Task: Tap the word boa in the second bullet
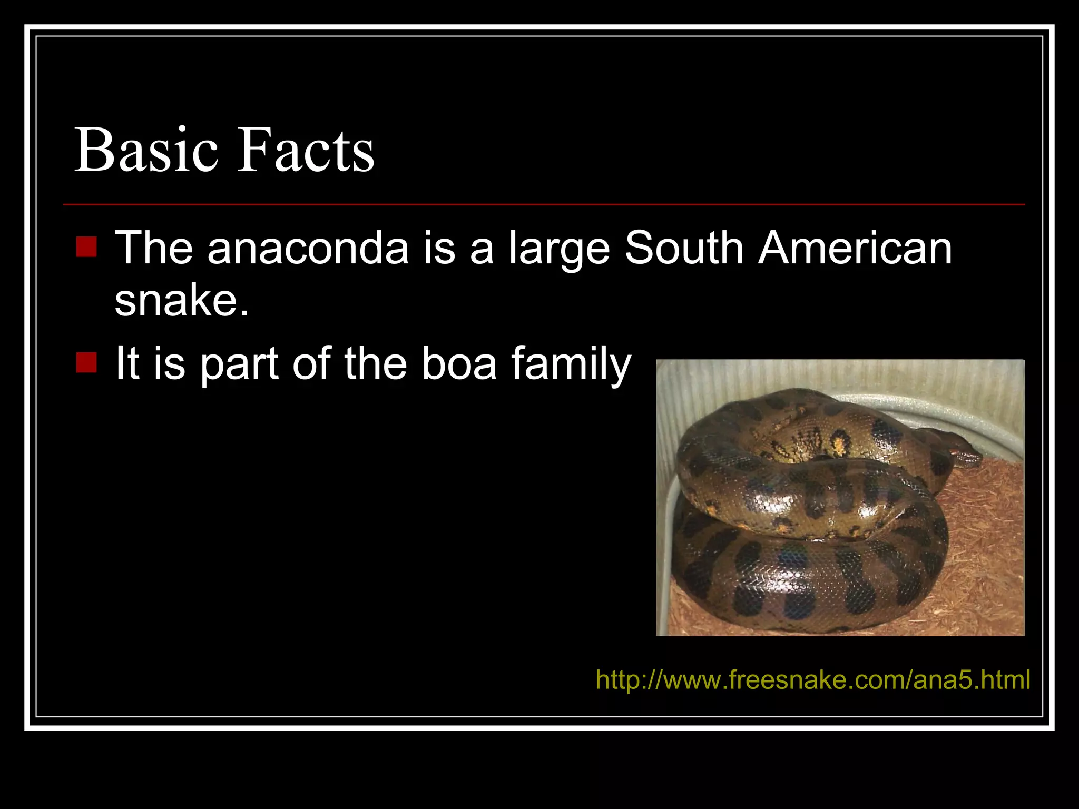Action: point(459,363)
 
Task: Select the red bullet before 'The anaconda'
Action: point(86,246)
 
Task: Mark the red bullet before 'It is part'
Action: point(86,362)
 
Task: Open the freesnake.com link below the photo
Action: point(813,679)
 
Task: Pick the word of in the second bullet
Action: point(311,363)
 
